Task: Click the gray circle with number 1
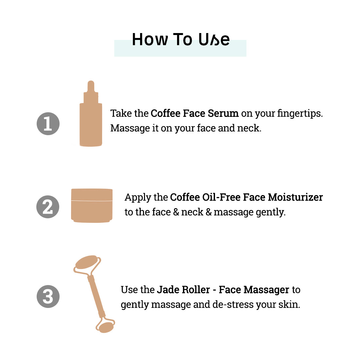(48, 124)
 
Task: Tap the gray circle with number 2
(48, 207)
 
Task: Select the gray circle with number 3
(48, 297)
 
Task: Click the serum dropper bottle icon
(91, 114)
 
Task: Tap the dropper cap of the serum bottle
(91, 92)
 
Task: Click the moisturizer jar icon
(92, 206)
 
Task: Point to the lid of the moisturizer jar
(92, 194)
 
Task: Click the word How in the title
(150, 40)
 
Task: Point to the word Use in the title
(214, 40)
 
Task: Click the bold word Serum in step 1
(223, 114)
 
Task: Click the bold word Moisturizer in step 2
(295, 197)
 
